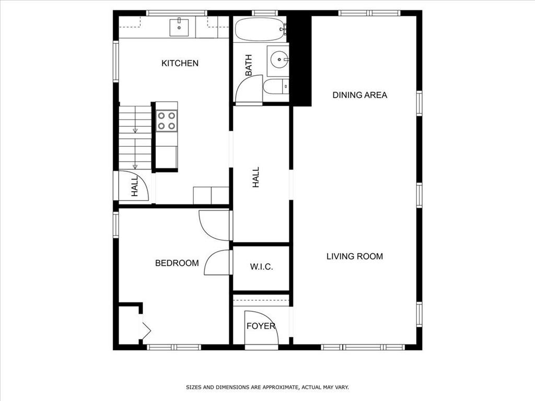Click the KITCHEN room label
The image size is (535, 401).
pos(180,63)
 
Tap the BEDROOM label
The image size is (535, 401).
pos(177,263)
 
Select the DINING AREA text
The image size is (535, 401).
pos(359,95)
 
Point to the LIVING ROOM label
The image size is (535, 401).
pos(355,256)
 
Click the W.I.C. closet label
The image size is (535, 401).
pos(261,267)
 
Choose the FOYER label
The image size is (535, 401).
pos(261,326)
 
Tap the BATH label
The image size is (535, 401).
pos(249,65)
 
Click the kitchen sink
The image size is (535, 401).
pos(179,27)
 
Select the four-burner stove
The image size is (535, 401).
pos(167,121)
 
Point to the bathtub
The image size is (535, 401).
pos(260,29)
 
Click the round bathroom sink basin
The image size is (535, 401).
pos(279,60)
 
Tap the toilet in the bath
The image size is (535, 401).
pos(276,87)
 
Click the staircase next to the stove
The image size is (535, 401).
pos(135,138)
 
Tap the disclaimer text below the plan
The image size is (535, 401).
pos(267,387)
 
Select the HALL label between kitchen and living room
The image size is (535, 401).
pos(256,178)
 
